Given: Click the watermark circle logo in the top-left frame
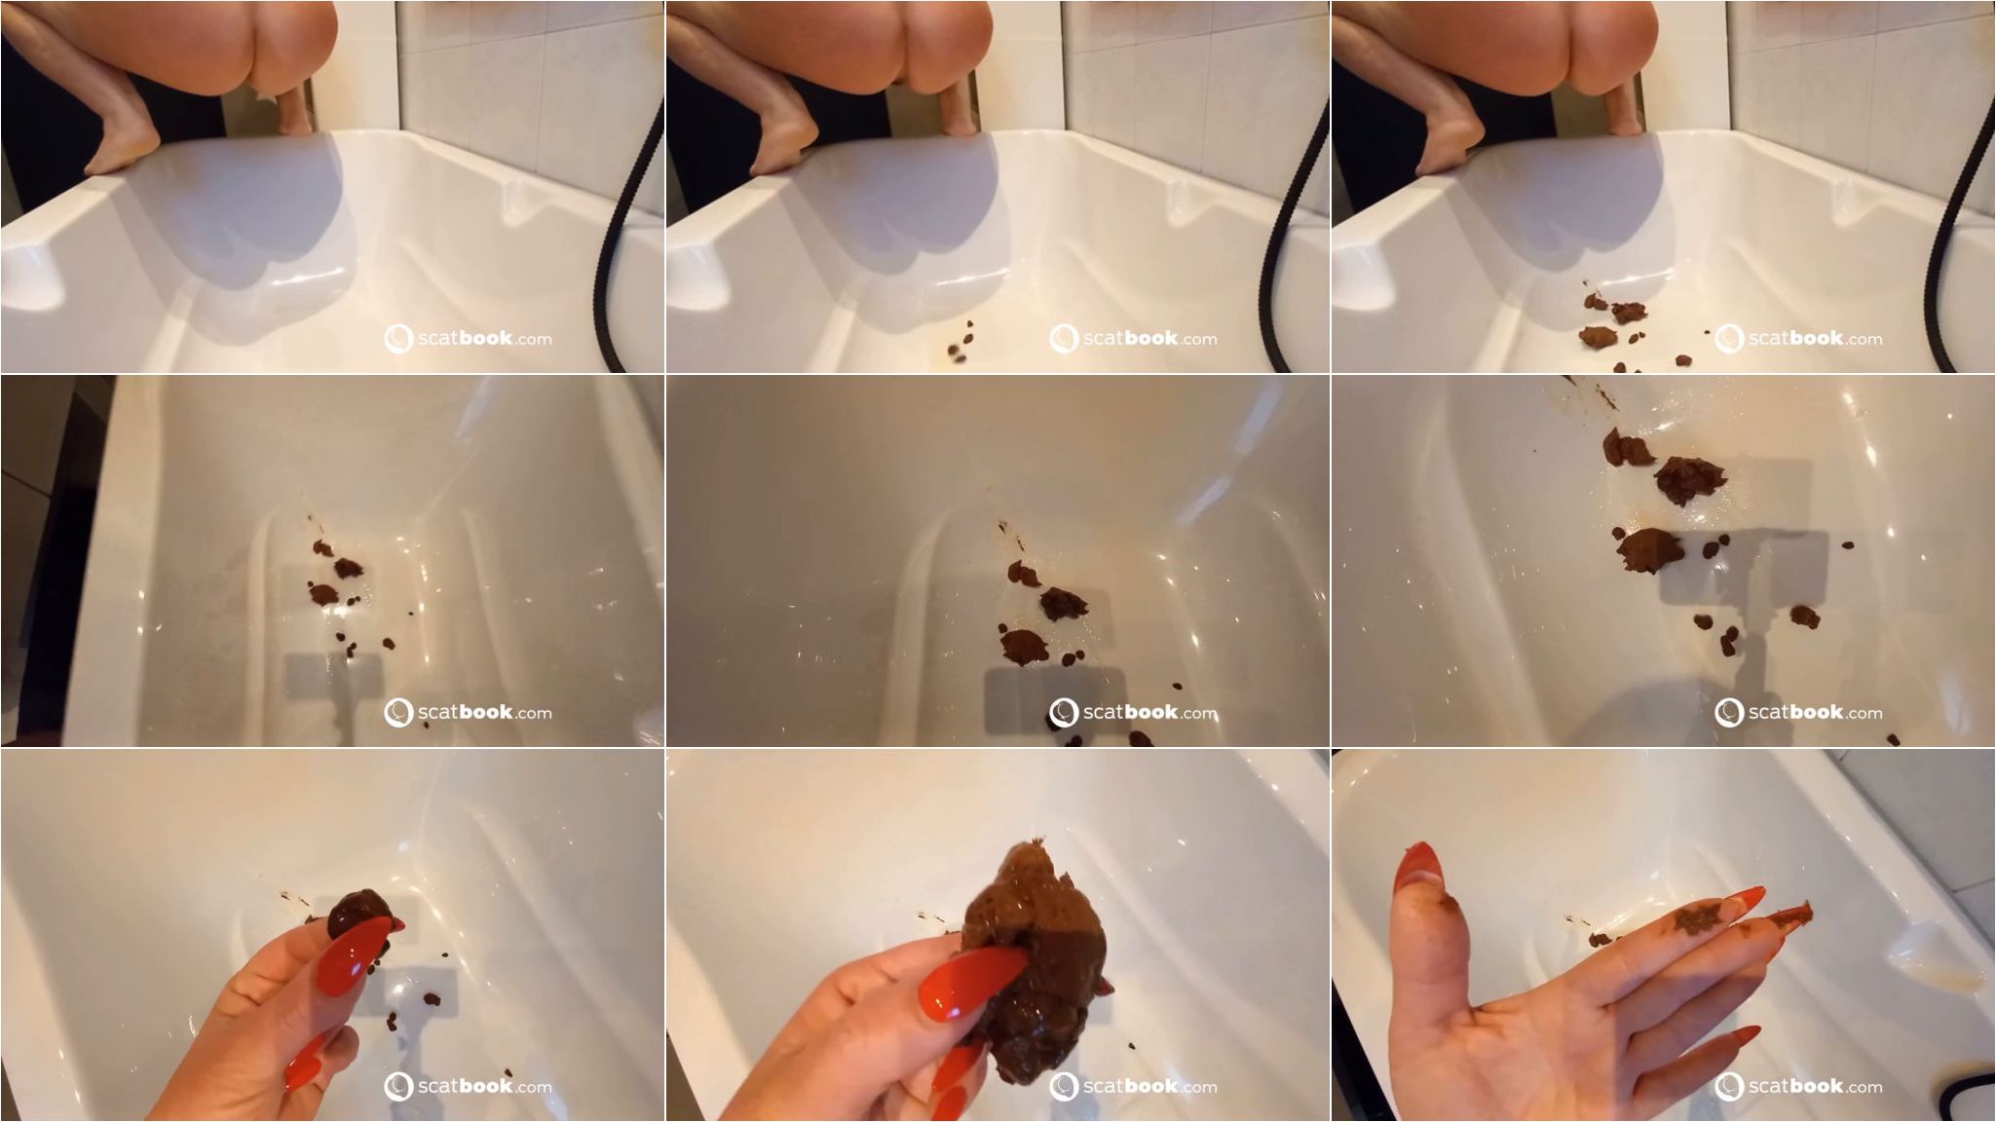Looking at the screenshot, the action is (x=398, y=339).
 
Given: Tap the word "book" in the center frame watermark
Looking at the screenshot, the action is (x=1151, y=712).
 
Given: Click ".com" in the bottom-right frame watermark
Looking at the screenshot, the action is (x=1864, y=1087).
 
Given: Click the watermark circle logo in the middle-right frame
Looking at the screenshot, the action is (x=1729, y=713).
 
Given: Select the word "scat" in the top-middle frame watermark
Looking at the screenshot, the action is (x=1103, y=339).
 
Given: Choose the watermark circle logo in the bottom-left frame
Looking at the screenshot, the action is (x=398, y=1087).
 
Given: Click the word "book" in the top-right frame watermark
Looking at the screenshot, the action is (x=1817, y=338).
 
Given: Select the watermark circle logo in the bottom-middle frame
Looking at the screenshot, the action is (x=1064, y=1087).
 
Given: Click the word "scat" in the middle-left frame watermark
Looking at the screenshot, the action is (x=437, y=713).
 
